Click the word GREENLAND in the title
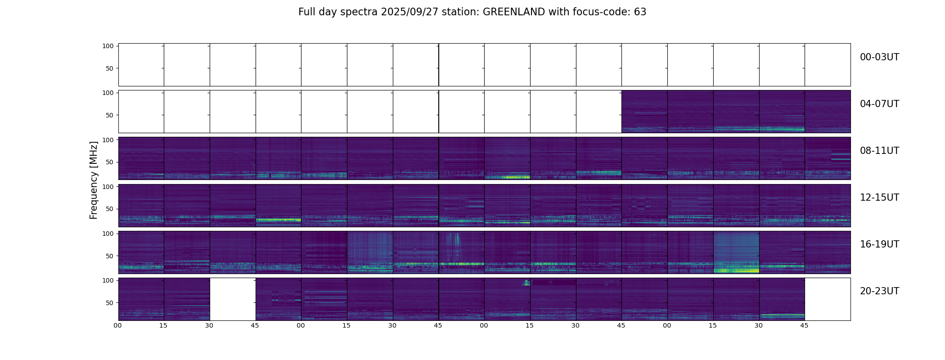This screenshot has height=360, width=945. click(x=513, y=12)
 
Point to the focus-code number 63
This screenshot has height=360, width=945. click(x=640, y=12)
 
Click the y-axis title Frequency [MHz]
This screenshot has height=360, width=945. click(x=94, y=180)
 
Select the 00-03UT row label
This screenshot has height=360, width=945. click(x=879, y=57)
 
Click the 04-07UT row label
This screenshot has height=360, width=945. click(x=879, y=104)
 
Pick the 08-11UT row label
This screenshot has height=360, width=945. click(x=879, y=151)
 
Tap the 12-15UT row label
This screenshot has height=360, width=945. click(x=879, y=198)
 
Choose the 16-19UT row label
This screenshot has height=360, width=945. click(x=879, y=244)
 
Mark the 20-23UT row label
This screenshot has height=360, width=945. click(x=879, y=291)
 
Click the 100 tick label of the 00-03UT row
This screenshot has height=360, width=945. click(x=108, y=46)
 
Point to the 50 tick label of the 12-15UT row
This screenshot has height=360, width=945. click(x=110, y=209)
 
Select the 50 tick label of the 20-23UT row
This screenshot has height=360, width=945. click(x=110, y=303)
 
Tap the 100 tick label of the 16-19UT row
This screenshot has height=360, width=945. click(x=108, y=234)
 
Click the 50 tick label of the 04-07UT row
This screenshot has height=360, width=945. click(x=110, y=115)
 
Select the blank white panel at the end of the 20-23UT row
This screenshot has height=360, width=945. click(x=827, y=299)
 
